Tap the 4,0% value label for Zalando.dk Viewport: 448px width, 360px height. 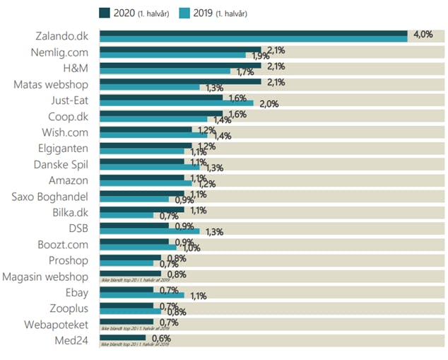423,35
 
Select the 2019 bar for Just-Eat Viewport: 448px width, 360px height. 176,103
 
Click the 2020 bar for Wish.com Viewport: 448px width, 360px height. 146,129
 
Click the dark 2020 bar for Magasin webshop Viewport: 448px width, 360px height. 130,272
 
